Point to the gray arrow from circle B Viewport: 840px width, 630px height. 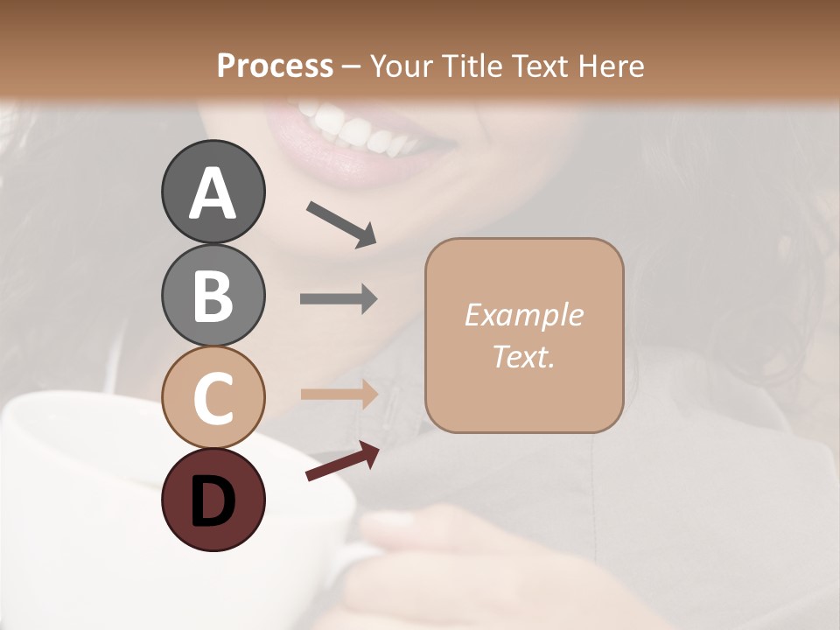[x=339, y=299]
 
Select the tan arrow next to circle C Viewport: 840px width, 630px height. [x=339, y=394]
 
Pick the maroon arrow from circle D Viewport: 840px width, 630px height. [x=342, y=461]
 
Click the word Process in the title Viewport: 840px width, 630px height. [x=275, y=66]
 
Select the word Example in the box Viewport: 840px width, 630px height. [x=523, y=315]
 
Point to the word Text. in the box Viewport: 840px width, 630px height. [x=523, y=356]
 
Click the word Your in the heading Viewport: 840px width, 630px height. [x=403, y=66]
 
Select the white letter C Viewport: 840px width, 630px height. [x=213, y=399]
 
